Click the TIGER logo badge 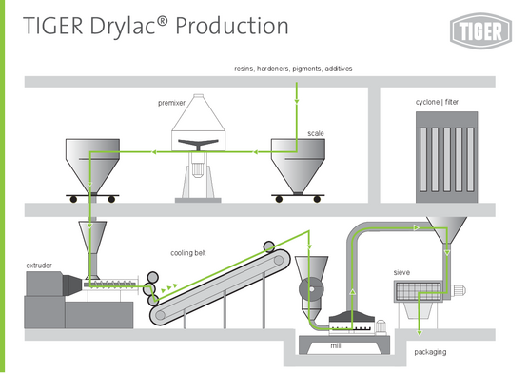click(x=480, y=31)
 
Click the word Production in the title click(x=232, y=26)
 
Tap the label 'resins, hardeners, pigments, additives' click(x=293, y=69)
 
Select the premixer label click(x=172, y=103)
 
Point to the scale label click(x=316, y=133)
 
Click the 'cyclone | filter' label click(x=437, y=102)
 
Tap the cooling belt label click(x=188, y=253)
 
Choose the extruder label click(x=39, y=266)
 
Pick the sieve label click(x=401, y=272)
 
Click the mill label click(x=336, y=345)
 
